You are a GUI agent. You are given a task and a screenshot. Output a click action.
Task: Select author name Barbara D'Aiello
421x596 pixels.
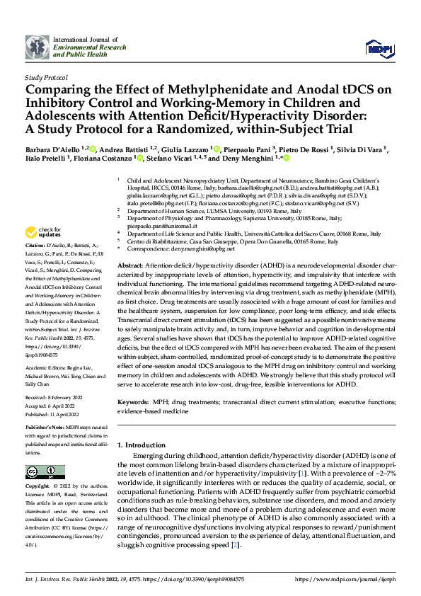[52, 150]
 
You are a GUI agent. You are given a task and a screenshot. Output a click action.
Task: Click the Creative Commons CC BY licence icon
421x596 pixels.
[41, 472]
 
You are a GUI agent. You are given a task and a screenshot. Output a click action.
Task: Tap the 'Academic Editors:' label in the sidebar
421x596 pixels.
[46, 369]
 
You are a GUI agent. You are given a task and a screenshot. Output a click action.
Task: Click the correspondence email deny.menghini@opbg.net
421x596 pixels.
[200, 250]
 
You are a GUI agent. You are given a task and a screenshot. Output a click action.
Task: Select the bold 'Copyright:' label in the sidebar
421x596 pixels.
[39, 486]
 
